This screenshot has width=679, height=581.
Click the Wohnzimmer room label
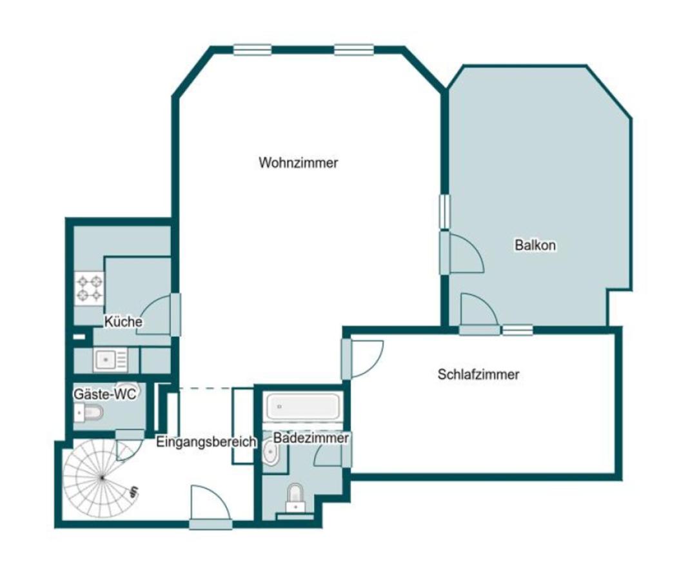(298, 163)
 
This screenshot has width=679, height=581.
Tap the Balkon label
(535, 245)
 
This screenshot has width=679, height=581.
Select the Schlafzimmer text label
(478, 374)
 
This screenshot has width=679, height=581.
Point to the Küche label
(123, 321)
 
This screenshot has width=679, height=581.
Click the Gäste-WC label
(104, 394)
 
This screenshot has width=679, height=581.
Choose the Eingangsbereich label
(206, 442)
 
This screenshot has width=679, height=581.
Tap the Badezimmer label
(311, 438)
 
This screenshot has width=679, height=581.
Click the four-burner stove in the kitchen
(90, 289)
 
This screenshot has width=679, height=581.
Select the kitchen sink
(110, 360)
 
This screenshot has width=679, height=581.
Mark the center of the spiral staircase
(101, 478)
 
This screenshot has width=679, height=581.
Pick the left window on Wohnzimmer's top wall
(252, 49)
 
